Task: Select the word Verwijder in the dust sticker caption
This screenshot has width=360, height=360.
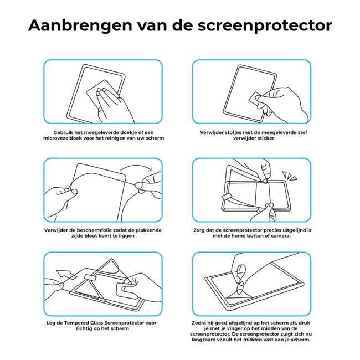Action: (x=213, y=132)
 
